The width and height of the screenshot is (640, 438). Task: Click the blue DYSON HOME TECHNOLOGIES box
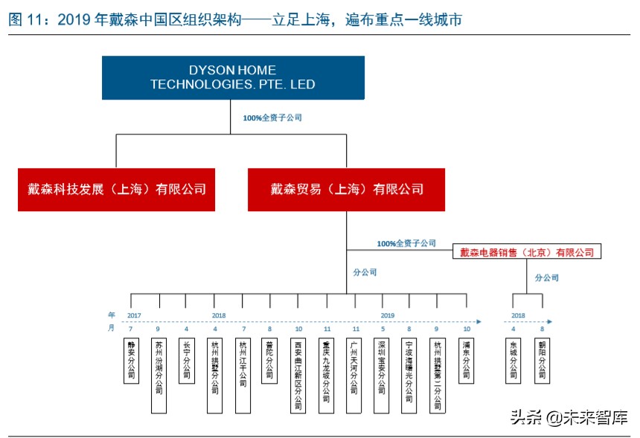[233, 77]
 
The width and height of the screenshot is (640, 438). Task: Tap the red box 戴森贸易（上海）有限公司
[347, 189]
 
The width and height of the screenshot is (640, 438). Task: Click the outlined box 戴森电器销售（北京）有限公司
[527, 253]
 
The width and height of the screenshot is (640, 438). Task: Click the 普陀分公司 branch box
[269, 360]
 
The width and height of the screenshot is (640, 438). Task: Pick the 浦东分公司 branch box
[466, 360]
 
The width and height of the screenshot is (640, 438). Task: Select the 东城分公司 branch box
[513, 360]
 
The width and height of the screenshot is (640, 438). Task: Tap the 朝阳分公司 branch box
[542, 360]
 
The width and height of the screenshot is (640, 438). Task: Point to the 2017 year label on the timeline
[134, 315]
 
